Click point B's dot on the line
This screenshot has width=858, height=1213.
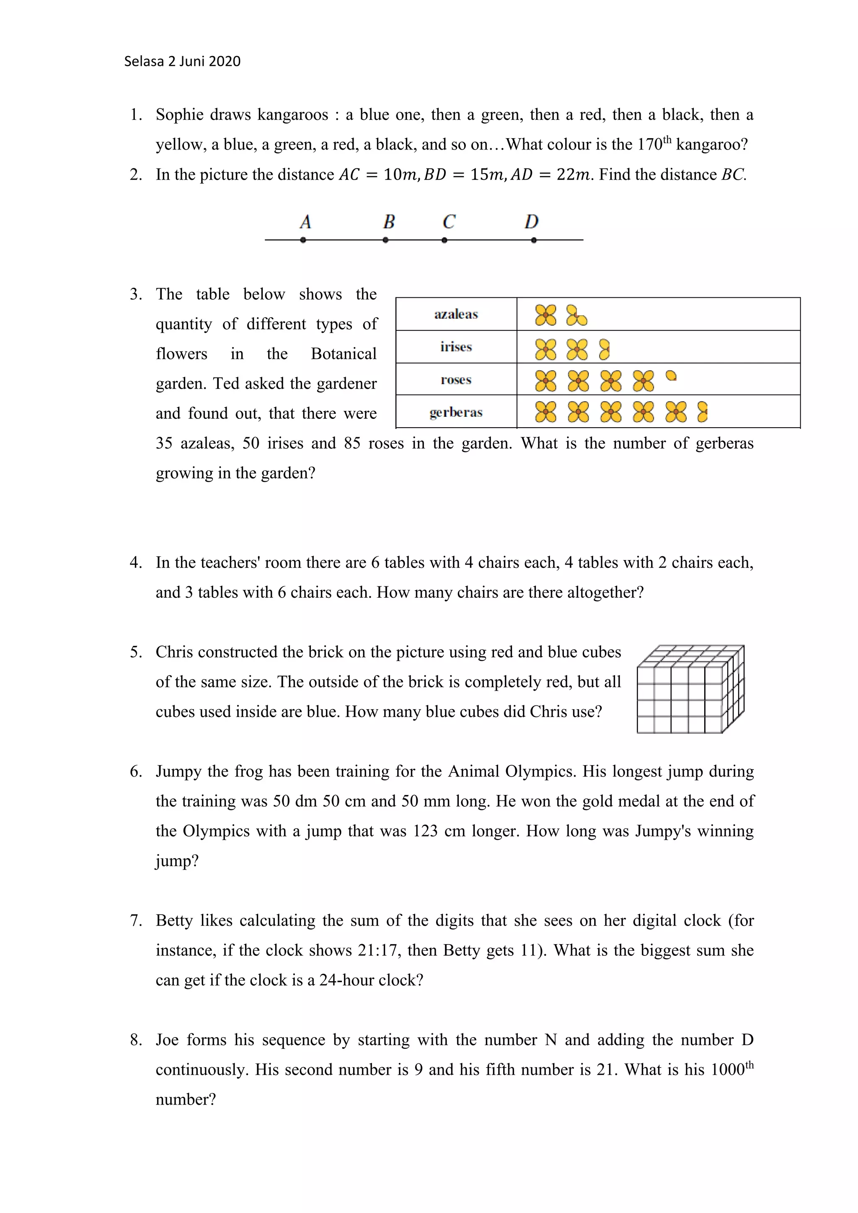click(386, 240)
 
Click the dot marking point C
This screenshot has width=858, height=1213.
click(445, 240)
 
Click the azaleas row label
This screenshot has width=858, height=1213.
click(456, 314)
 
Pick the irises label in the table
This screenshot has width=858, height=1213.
click(456, 347)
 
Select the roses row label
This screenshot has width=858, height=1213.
click(456, 379)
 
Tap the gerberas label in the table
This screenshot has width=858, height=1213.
click(456, 412)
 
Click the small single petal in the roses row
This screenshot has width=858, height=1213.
click(671, 376)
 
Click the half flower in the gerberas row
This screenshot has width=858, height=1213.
click(702, 412)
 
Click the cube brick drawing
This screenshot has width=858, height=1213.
click(690, 689)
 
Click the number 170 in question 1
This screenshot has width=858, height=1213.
click(649, 145)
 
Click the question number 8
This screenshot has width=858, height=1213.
click(136, 1040)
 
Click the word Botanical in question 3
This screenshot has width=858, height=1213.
click(344, 354)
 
